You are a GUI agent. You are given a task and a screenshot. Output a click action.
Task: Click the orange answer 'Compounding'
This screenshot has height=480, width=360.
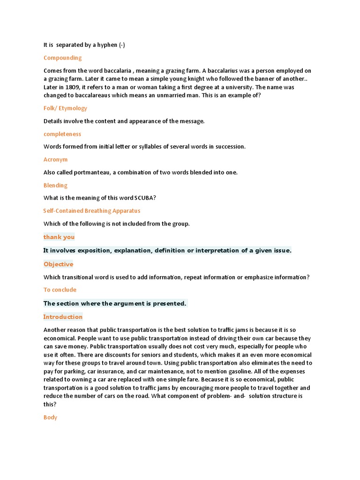(62, 58)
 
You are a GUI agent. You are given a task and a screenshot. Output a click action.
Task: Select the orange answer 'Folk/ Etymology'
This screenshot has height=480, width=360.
(65, 108)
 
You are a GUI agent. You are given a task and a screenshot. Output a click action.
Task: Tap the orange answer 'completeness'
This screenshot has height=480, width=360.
(62, 134)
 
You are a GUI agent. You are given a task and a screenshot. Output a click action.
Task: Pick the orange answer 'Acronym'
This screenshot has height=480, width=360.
(55, 160)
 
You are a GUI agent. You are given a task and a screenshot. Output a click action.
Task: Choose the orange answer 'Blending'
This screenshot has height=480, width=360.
(55, 186)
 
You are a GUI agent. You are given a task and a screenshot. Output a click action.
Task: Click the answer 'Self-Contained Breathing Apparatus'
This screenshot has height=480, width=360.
(92, 211)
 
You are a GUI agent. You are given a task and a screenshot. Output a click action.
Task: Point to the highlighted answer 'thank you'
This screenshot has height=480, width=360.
(59, 237)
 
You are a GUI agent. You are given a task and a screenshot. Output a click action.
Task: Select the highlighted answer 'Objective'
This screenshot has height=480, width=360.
(58, 264)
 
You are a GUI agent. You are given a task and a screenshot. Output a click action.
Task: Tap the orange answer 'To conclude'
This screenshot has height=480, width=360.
(60, 290)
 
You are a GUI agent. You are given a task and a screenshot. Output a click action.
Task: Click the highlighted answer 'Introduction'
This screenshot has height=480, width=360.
(63, 317)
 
